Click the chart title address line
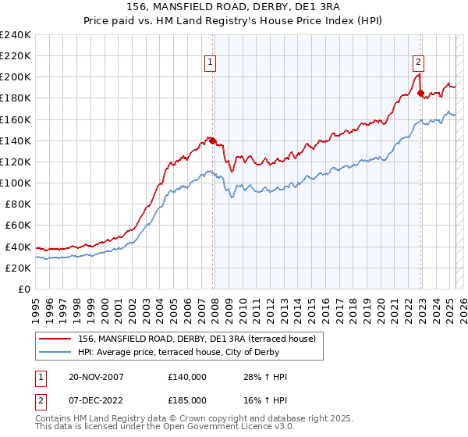(233, 7)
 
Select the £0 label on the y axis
(24, 289)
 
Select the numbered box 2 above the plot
(419, 64)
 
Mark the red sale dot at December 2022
(421, 94)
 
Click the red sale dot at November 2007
(213, 141)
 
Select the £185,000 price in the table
(187, 403)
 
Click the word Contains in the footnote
(51, 420)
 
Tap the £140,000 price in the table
(187, 377)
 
